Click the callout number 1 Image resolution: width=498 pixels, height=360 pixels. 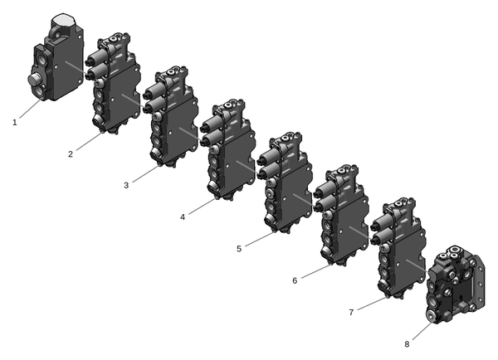(15, 122)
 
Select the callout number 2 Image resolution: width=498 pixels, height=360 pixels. (71, 154)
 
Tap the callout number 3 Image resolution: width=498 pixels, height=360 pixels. (126, 186)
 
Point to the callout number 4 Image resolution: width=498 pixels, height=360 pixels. (183, 217)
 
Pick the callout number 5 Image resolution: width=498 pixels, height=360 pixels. (239, 249)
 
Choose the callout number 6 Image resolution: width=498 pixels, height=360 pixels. (295, 280)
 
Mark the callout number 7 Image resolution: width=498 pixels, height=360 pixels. (351, 313)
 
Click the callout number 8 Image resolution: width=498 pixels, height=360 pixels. (407, 344)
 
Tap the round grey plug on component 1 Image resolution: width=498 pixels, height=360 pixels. (35, 80)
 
